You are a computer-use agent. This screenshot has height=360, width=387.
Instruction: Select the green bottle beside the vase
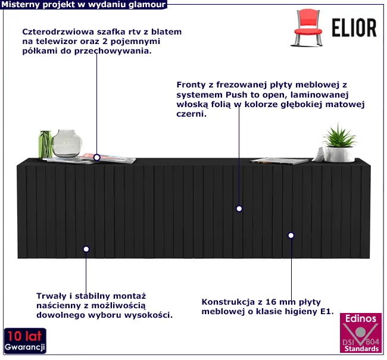click(x=45, y=144)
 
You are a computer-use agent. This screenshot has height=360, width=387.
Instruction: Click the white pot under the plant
click(x=340, y=154)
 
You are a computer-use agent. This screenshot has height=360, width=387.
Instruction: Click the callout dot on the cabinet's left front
click(x=86, y=249)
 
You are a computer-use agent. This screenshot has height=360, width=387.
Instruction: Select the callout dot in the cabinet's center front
click(x=239, y=209)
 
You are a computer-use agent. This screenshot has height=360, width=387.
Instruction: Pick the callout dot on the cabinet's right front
click(x=291, y=236)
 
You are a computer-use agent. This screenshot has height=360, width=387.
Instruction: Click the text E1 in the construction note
click(x=327, y=311)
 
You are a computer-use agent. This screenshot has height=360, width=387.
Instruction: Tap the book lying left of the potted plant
click(x=280, y=160)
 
